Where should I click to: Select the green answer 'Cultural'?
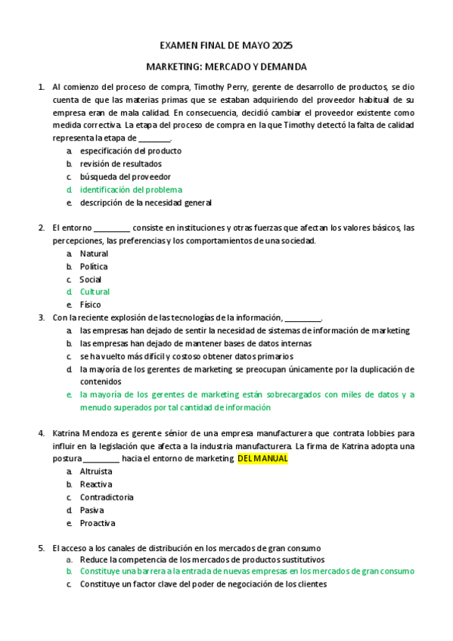click(x=95, y=292)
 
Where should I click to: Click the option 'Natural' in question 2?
click(x=94, y=254)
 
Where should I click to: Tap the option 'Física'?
click(x=91, y=305)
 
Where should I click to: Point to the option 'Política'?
click(x=94, y=267)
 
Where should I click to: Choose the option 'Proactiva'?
click(x=97, y=523)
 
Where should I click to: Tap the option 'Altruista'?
click(x=96, y=472)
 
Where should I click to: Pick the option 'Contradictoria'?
click(x=107, y=497)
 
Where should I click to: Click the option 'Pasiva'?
click(x=92, y=510)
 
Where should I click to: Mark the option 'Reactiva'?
click(x=96, y=485)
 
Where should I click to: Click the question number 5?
click(x=41, y=548)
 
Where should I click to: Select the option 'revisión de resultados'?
click(x=120, y=164)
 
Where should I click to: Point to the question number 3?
click(x=41, y=317)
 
